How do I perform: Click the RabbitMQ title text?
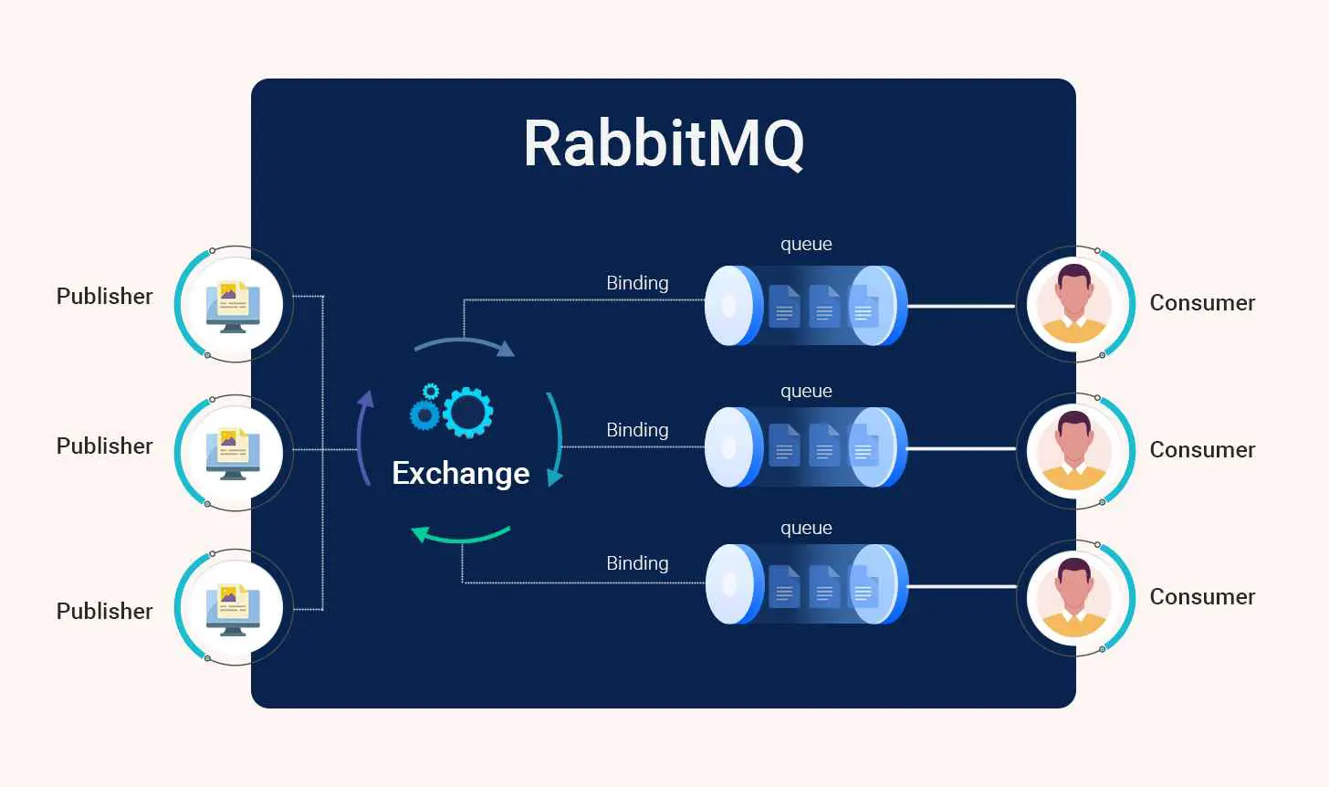click(664, 143)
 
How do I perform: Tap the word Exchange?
click(461, 473)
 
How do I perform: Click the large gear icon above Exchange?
click(468, 412)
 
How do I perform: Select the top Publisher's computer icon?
click(233, 305)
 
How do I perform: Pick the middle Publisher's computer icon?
click(233, 454)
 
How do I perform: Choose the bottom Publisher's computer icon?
click(233, 608)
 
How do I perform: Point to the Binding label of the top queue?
click(637, 283)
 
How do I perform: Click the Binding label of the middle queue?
click(637, 430)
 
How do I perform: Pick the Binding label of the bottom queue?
click(637, 563)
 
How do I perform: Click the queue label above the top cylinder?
click(806, 245)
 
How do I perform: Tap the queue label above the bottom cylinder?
click(806, 529)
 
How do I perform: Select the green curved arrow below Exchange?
click(460, 535)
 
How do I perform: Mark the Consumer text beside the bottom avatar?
click(1202, 597)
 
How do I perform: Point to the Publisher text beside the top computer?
click(104, 297)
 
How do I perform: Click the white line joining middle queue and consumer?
click(960, 448)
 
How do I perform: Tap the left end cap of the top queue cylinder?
click(730, 306)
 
